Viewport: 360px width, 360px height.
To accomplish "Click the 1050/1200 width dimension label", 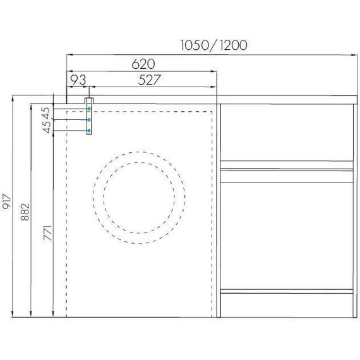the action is pyautogui.click(x=214, y=45).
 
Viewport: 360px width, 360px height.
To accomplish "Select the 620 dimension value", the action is pyautogui.click(x=143, y=64).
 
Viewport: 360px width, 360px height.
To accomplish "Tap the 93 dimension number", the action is pyautogui.click(x=78, y=80).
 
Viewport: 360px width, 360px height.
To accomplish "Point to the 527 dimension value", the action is pyautogui.click(x=149, y=80).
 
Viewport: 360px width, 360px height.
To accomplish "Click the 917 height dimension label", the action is pyautogui.click(x=6, y=201).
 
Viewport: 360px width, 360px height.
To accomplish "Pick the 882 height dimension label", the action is pyautogui.click(x=25, y=212).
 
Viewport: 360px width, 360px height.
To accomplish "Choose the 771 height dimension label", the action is pyautogui.click(x=48, y=233).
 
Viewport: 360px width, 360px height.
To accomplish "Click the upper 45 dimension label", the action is pyautogui.click(x=47, y=112).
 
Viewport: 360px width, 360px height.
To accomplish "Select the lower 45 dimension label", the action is pyautogui.click(x=47, y=127).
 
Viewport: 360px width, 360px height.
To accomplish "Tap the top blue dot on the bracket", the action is pyautogui.click(x=89, y=109).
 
